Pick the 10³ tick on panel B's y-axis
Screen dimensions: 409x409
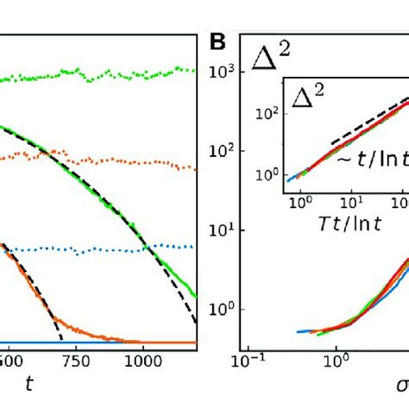[227, 72]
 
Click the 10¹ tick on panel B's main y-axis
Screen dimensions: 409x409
[227, 230]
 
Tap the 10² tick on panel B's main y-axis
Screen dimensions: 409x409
[227, 152]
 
